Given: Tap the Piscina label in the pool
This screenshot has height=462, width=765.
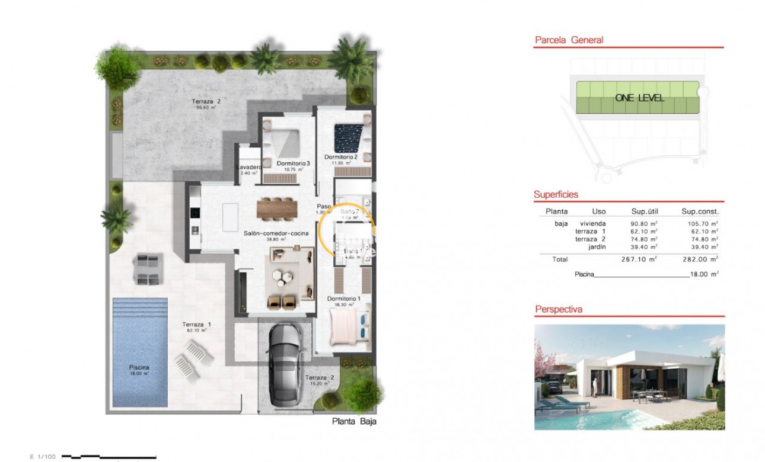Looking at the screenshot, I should pyautogui.click(x=139, y=367).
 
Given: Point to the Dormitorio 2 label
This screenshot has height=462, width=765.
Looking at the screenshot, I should pyautogui.click(x=341, y=157).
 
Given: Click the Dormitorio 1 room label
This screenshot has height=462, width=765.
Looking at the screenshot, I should pyautogui.click(x=344, y=299).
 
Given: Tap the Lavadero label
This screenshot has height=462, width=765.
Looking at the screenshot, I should pyautogui.click(x=248, y=168).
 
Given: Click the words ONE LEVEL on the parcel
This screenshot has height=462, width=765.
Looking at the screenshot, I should pyautogui.click(x=639, y=98).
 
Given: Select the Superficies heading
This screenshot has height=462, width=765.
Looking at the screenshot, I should pyautogui.click(x=556, y=194).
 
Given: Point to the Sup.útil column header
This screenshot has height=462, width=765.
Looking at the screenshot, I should pyautogui.click(x=645, y=211).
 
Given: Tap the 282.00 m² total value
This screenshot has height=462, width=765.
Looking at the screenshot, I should pyautogui.click(x=700, y=259).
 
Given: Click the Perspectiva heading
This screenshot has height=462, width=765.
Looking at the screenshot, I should pyautogui.click(x=559, y=309).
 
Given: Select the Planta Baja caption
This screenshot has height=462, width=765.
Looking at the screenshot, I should pyautogui.click(x=355, y=422).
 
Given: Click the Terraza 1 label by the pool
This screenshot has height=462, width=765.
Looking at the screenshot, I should pyautogui.click(x=196, y=325).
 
